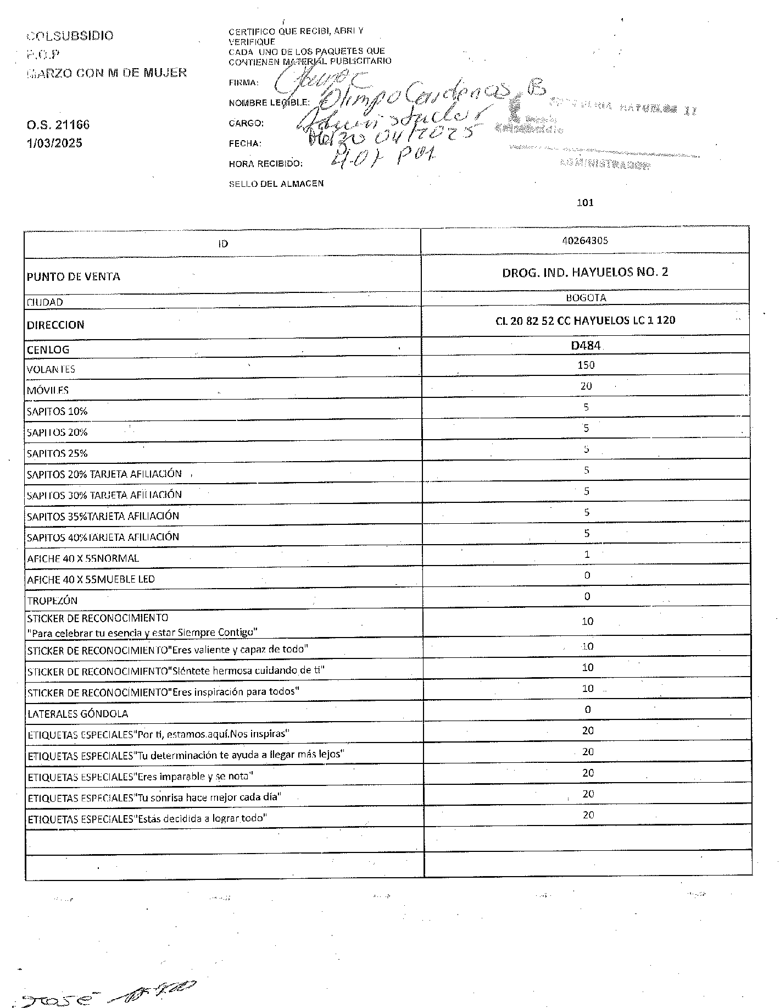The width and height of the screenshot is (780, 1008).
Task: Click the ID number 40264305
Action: click(585, 241)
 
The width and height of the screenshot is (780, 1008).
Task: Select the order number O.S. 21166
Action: click(58, 125)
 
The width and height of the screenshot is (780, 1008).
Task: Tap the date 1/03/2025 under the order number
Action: click(54, 143)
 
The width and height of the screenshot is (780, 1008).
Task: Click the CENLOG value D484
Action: click(586, 346)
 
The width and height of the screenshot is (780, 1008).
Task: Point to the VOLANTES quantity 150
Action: click(586, 365)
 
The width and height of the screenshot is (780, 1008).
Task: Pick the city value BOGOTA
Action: click(585, 298)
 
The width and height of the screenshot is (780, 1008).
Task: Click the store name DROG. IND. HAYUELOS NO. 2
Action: click(585, 272)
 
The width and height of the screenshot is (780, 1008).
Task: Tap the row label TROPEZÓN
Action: click(52, 601)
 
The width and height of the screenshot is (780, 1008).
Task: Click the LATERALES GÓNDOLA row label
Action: click(77, 714)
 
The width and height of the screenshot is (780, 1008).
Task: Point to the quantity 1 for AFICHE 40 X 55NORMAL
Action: click(587, 555)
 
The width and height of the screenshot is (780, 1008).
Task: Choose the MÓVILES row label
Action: click(48, 391)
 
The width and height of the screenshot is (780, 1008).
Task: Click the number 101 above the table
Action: click(585, 203)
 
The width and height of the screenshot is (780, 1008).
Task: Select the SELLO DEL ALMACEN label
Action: click(276, 184)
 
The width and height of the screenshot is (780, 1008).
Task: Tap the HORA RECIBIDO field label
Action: click(265, 164)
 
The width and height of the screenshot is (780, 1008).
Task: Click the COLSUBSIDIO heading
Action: click(70, 36)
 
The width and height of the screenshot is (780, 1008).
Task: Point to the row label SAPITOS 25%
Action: click(57, 453)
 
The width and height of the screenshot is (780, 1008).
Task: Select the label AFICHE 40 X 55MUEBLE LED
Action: click(91, 579)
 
